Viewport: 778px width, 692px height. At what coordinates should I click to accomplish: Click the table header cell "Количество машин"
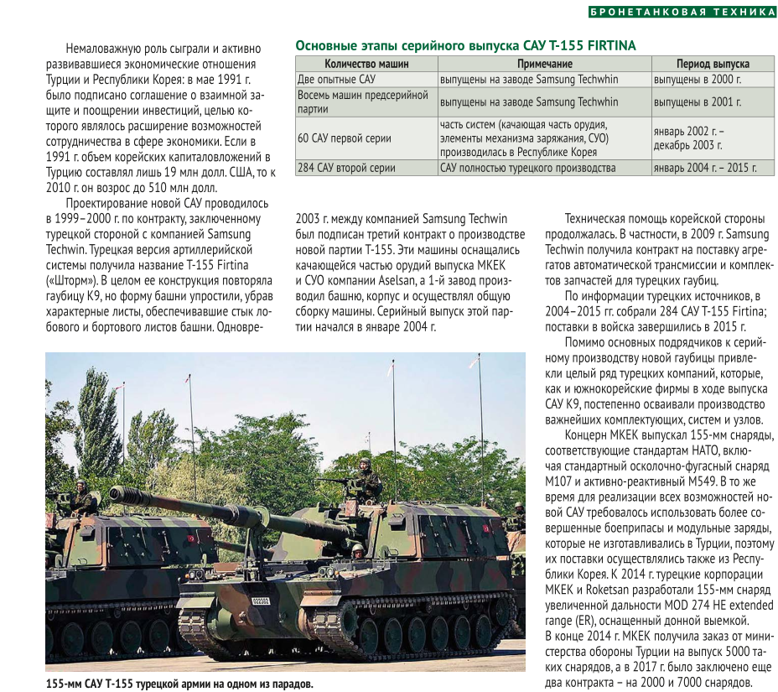click(366, 64)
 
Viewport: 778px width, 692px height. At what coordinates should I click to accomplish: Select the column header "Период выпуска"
click(713, 64)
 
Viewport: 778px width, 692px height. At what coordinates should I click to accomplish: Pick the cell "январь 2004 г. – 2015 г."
click(704, 168)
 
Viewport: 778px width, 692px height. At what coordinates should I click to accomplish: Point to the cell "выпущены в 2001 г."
click(698, 101)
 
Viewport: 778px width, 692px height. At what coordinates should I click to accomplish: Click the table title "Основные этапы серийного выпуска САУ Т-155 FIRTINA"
click(465, 45)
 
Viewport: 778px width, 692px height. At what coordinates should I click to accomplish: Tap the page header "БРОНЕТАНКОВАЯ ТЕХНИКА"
click(682, 12)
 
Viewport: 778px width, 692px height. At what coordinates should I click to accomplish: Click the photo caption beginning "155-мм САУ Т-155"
click(179, 684)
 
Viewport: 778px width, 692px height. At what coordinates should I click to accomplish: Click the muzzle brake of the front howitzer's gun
click(122, 494)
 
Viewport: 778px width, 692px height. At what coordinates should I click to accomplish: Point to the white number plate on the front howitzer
click(262, 601)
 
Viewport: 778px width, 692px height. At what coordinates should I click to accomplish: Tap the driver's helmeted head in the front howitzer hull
click(358, 550)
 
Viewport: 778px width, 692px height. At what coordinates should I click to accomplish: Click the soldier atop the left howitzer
click(81, 499)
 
